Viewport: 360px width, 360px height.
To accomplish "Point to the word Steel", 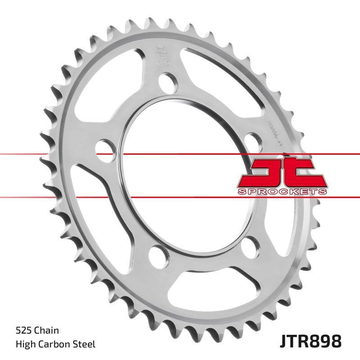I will (85, 345).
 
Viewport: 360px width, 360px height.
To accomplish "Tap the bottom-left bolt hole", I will (156, 256).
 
